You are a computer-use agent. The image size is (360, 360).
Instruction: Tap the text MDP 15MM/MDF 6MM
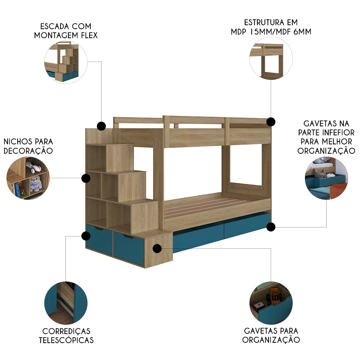271,32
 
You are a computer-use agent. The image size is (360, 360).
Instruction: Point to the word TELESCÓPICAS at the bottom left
66,340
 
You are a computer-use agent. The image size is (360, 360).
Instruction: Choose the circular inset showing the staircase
66,62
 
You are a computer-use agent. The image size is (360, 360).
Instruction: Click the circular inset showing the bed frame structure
271,59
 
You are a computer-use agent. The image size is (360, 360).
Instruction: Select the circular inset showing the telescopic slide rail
66,302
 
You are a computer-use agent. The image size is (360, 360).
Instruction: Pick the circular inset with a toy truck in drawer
271,302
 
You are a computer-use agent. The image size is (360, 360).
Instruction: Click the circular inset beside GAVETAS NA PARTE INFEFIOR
326,178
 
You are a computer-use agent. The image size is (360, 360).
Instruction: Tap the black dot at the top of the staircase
101,126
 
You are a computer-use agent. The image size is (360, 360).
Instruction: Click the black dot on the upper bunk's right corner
271,121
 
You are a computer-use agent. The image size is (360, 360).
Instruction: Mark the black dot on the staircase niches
86,178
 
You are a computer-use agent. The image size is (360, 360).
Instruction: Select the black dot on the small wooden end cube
157,248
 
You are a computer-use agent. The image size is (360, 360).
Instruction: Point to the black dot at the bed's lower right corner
271,226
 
